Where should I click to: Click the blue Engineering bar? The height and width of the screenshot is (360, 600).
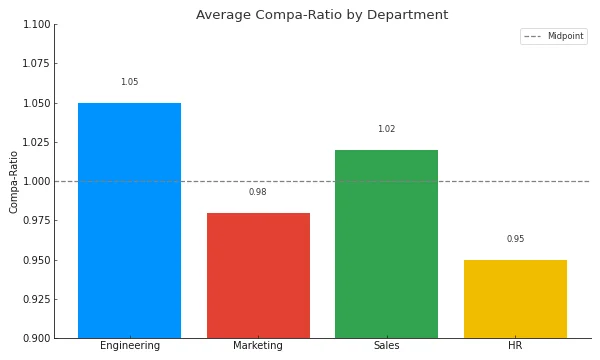[129, 220]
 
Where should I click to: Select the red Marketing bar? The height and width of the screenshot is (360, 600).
[258, 275]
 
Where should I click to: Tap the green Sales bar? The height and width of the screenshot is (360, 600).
[386, 243]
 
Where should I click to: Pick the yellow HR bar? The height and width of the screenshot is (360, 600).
[515, 299]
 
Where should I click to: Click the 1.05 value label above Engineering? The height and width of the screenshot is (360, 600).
[129, 82]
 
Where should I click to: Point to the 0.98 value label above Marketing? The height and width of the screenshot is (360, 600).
[258, 192]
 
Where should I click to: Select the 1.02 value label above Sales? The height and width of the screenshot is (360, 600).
[386, 129]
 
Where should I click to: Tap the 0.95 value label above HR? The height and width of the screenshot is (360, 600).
[515, 239]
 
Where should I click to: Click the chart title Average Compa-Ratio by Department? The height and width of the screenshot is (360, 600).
[322, 15]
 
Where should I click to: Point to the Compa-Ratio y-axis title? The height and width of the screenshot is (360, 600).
[14, 181]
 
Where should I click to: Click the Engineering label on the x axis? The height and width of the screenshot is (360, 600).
[129, 346]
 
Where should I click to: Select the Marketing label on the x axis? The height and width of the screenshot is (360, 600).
[258, 346]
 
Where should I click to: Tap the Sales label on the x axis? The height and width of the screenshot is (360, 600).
[386, 346]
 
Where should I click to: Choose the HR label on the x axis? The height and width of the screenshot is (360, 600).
[515, 346]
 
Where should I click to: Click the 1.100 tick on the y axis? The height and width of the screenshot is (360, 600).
[35, 25]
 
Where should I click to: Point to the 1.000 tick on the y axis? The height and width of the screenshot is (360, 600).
[35, 181]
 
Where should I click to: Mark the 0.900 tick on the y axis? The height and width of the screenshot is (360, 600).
[35, 338]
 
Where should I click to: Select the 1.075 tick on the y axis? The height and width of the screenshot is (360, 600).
[35, 64]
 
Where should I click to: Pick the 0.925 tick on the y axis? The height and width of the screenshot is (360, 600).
[35, 299]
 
